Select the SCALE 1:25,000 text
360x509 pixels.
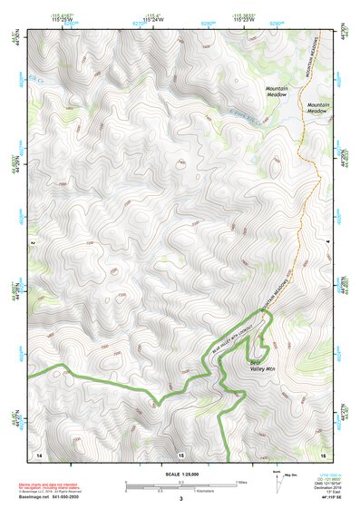tap(180, 474)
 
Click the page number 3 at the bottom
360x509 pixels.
tap(180, 498)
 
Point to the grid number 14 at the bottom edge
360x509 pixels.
tap(38, 453)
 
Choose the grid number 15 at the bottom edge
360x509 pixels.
tap(180, 453)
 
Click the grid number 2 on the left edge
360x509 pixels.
tap(31, 243)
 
